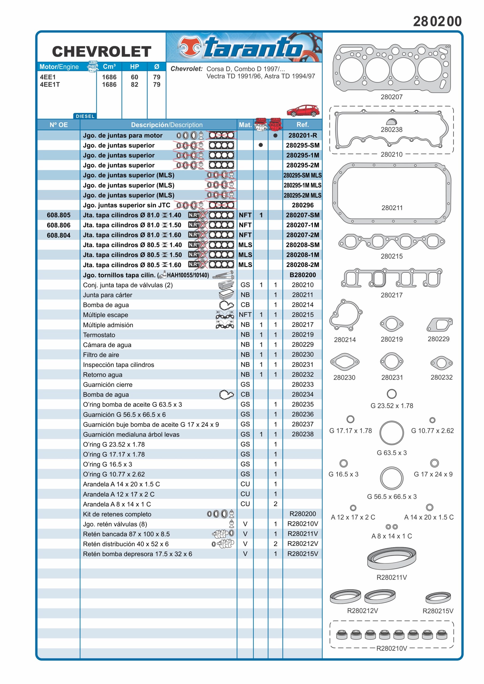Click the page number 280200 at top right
tap(437, 21)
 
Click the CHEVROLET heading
tap(102, 52)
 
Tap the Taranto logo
tap(244, 48)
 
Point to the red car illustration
tap(303, 111)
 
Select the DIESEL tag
tap(85, 116)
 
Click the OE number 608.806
tap(59, 225)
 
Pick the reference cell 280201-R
tap(303, 135)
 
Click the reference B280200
tap(303, 275)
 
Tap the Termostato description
tap(99, 335)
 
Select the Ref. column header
tap(303, 125)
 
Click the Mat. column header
tap(245, 125)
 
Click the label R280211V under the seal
tap(392, 577)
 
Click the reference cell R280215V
tap(303, 554)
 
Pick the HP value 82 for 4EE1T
tap(134, 85)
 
